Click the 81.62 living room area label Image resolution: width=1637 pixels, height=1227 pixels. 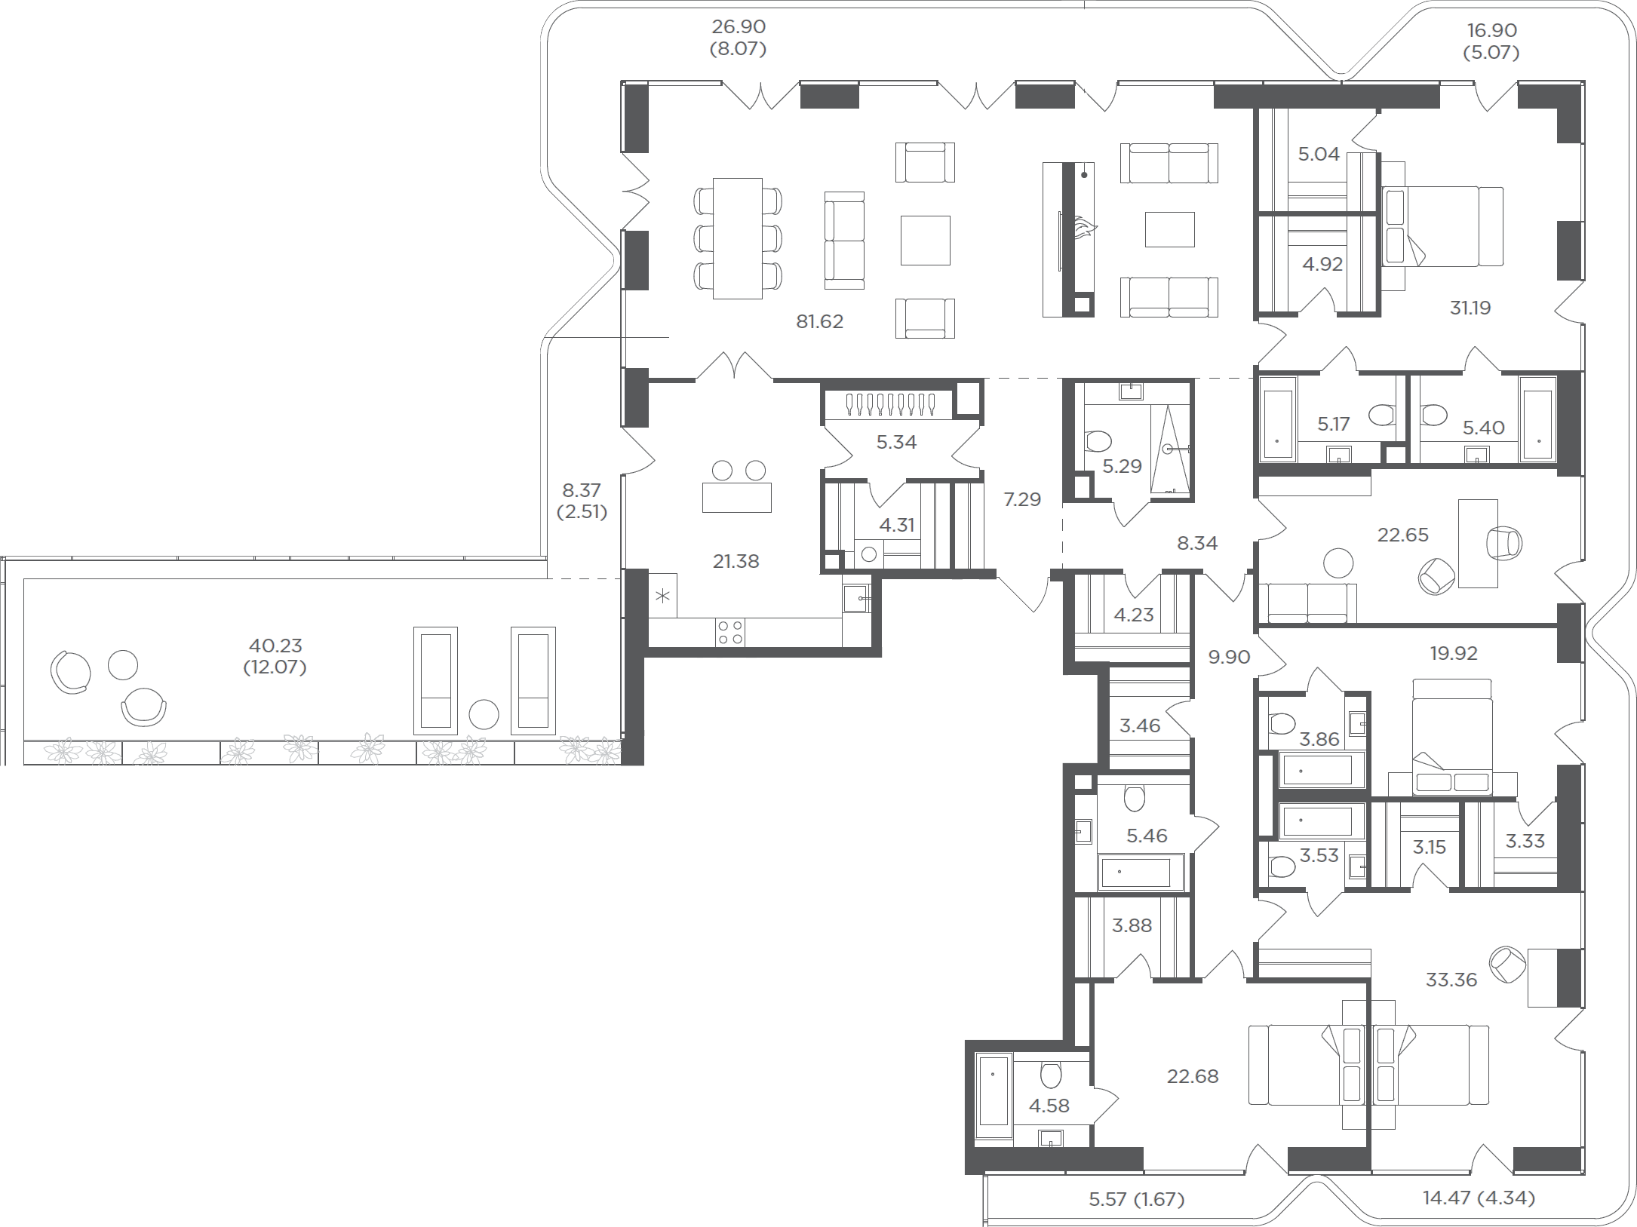(x=819, y=321)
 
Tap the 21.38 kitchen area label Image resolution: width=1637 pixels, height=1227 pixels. (x=736, y=561)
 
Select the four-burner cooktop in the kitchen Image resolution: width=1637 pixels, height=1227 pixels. (x=729, y=632)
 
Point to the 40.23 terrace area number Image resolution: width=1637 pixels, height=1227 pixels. (x=275, y=646)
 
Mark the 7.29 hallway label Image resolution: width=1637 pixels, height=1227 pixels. (x=1022, y=499)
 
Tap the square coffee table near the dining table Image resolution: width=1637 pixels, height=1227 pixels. (x=926, y=240)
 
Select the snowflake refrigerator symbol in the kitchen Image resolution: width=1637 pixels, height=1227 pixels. (x=662, y=597)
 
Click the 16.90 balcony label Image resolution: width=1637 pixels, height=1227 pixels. (x=1491, y=31)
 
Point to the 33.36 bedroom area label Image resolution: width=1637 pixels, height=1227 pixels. (x=1451, y=980)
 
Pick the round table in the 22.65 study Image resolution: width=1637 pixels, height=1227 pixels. (x=1338, y=563)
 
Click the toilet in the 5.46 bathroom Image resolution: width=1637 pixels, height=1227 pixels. (x=1134, y=797)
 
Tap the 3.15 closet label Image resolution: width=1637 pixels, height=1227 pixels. (x=1429, y=847)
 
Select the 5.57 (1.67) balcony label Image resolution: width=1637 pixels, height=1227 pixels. (x=1137, y=1198)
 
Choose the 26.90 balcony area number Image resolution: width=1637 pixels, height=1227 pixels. (x=739, y=27)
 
